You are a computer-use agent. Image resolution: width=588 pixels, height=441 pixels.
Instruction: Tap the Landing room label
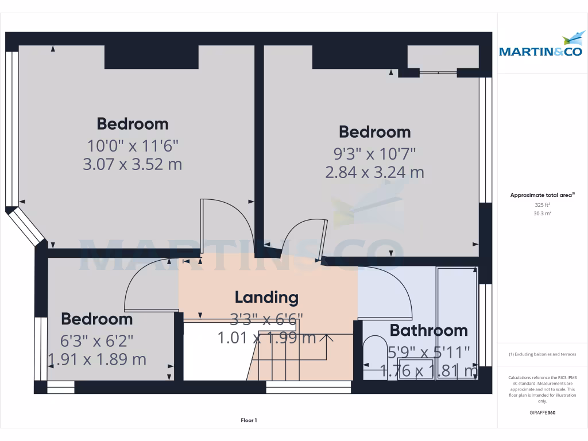coord(266,297)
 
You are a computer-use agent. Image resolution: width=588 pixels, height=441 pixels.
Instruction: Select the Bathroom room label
coord(428,331)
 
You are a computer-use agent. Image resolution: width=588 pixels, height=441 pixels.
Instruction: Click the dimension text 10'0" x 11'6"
coord(133,145)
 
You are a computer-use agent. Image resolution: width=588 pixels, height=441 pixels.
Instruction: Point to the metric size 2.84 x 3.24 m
coord(374,172)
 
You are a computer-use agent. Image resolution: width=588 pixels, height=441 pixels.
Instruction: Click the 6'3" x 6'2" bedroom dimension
coord(97,341)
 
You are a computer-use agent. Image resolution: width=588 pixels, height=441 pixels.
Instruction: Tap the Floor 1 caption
coord(249,420)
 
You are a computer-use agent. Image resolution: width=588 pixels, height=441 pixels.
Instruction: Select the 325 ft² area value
coord(542,204)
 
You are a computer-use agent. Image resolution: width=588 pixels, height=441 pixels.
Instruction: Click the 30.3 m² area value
coord(542,213)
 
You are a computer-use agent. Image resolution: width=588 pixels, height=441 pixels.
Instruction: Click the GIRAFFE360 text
coord(542,412)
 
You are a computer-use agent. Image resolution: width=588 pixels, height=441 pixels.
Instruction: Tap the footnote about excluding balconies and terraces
coord(542,354)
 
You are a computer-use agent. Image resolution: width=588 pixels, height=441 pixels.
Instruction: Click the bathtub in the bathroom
coord(457,322)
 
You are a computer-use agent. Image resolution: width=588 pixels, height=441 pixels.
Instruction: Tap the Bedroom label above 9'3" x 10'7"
coord(374,132)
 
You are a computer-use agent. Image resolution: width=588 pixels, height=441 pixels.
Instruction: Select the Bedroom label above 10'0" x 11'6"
coord(133,124)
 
